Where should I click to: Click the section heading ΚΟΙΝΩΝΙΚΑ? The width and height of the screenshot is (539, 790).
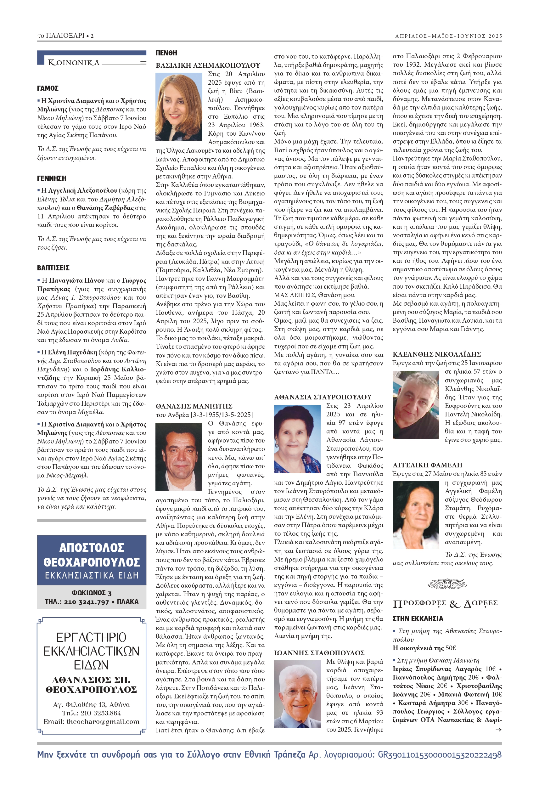(x=74, y=63)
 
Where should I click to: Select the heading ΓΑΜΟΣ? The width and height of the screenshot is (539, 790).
(x=48, y=88)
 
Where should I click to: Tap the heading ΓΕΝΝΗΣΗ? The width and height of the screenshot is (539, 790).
(x=52, y=178)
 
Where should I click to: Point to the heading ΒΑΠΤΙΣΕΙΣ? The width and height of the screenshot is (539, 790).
(x=53, y=268)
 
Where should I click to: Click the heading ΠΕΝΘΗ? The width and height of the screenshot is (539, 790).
(x=166, y=53)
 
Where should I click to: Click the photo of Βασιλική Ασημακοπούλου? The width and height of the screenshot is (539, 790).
(x=179, y=107)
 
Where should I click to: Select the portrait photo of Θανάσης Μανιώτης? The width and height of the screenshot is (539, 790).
(x=179, y=456)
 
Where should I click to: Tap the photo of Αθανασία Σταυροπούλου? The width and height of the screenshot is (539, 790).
(x=297, y=439)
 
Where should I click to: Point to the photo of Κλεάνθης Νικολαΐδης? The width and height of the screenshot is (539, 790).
(x=416, y=405)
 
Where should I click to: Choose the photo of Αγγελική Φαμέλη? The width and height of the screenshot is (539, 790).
(x=416, y=515)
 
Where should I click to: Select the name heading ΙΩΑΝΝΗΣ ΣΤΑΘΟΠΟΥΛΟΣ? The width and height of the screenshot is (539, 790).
(x=319, y=653)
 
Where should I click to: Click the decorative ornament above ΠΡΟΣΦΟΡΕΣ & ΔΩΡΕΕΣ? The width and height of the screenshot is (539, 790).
(x=447, y=584)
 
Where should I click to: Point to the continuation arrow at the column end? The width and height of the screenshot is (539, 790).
(x=498, y=730)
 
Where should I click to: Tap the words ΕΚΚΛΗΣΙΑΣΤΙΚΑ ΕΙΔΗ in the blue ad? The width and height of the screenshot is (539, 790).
(x=92, y=575)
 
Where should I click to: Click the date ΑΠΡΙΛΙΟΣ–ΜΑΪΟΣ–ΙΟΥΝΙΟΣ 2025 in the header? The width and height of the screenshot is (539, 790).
(x=448, y=36)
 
